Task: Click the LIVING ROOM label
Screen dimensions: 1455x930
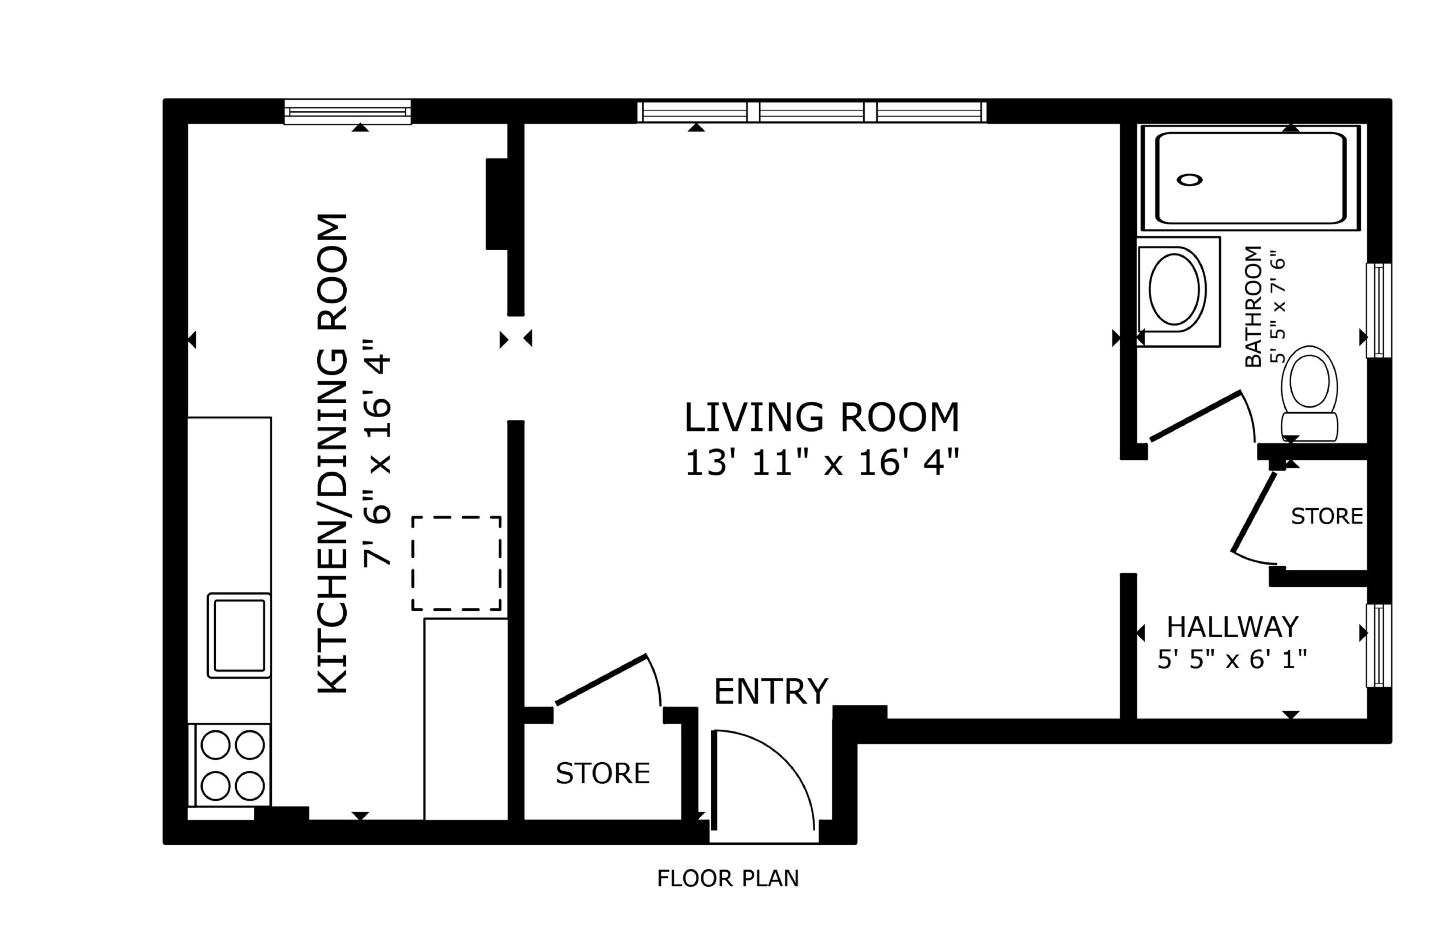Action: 822,417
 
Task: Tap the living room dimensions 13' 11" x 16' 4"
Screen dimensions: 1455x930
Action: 822,463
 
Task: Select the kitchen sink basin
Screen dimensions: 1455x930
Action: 239,635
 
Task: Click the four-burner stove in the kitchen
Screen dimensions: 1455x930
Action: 233,764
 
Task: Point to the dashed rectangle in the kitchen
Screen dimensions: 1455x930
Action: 456,563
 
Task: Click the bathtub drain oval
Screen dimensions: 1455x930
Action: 1189,179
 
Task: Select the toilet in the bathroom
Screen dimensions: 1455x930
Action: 1309,393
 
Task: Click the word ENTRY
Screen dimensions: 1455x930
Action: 771,692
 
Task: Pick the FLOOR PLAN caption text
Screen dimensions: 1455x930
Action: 728,878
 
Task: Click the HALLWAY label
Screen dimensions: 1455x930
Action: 1232,627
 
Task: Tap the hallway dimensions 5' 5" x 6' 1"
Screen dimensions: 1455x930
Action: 1232,659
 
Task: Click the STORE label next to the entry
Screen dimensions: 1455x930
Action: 603,773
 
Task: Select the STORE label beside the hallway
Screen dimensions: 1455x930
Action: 1327,516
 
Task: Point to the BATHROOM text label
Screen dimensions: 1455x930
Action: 1253,306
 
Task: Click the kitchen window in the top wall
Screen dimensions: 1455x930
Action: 347,112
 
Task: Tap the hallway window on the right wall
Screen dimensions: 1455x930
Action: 1379,645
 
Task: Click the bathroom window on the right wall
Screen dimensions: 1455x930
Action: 1379,310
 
